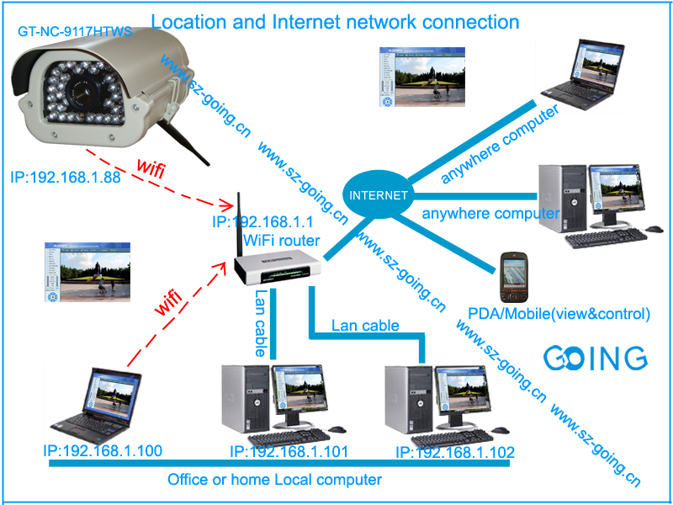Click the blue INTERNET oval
click(379, 194)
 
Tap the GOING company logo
click(595, 358)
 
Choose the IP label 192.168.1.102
click(455, 453)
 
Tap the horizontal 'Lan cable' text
click(365, 325)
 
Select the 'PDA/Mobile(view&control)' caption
click(559, 314)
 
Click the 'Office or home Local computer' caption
click(274, 480)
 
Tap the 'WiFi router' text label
click(281, 241)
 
